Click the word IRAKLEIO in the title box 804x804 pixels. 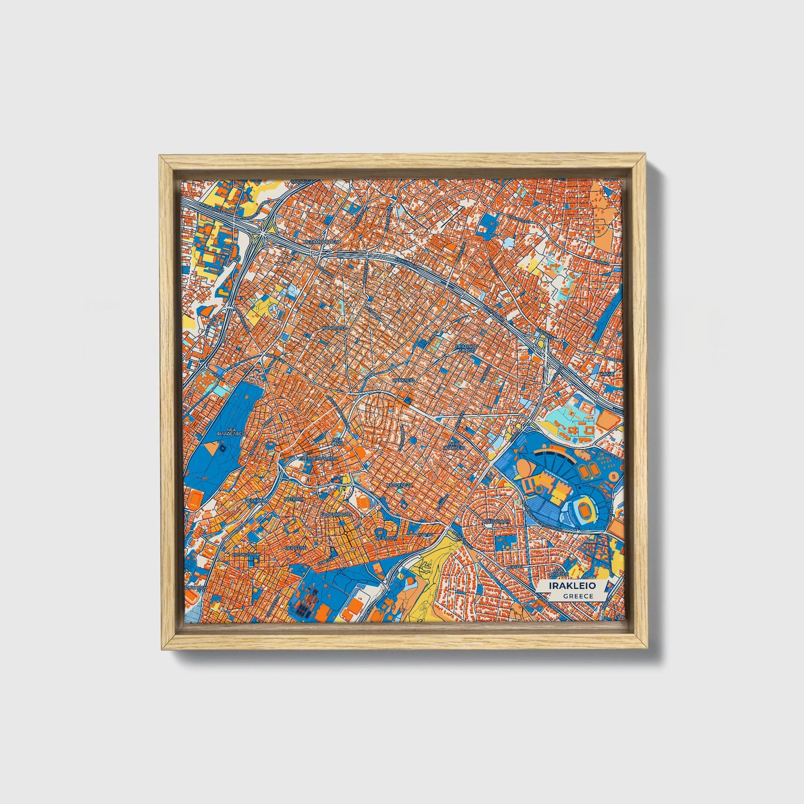pyautogui.click(x=572, y=586)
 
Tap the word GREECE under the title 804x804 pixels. pyautogui.click(x=578, y=596)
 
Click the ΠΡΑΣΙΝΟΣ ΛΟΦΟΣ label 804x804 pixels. pyautogui.click(x=466, y=348)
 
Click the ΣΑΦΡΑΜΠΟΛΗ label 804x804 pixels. pyautogui.click(x=336, y=515)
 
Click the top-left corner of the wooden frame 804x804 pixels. pyautogui.click(x=161, y=157)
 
